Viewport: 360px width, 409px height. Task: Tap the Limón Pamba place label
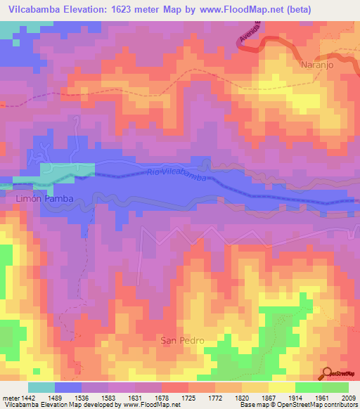point(44,199)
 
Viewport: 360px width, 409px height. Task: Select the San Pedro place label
point(183,341)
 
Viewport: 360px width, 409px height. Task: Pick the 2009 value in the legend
point(347,398)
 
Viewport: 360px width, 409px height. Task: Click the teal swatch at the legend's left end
point(41,387)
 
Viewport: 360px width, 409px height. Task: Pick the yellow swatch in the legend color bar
point(281,387)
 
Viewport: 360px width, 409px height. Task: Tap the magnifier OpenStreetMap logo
point(327,373)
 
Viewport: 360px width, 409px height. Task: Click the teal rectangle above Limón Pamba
point(67,169)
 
